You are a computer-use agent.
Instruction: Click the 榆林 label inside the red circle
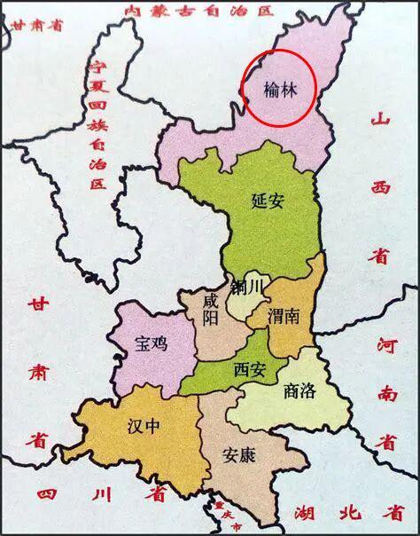click(279, 89)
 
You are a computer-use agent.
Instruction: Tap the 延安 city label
click(267, 201)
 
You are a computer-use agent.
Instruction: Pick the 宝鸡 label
click(151, 342)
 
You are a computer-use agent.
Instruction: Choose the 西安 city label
click(251, 368)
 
